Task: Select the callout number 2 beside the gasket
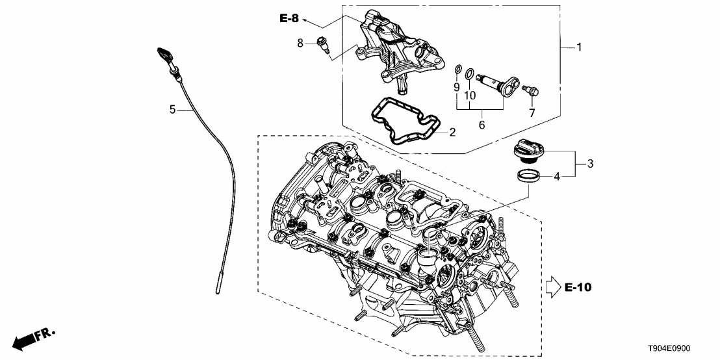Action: [x=452, y=133]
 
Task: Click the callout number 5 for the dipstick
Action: [x=172, y=110]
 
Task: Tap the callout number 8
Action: [x=300, y=43]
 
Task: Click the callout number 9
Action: [x=456, y=86]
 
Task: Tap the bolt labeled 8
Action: [x=323, y=44]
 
